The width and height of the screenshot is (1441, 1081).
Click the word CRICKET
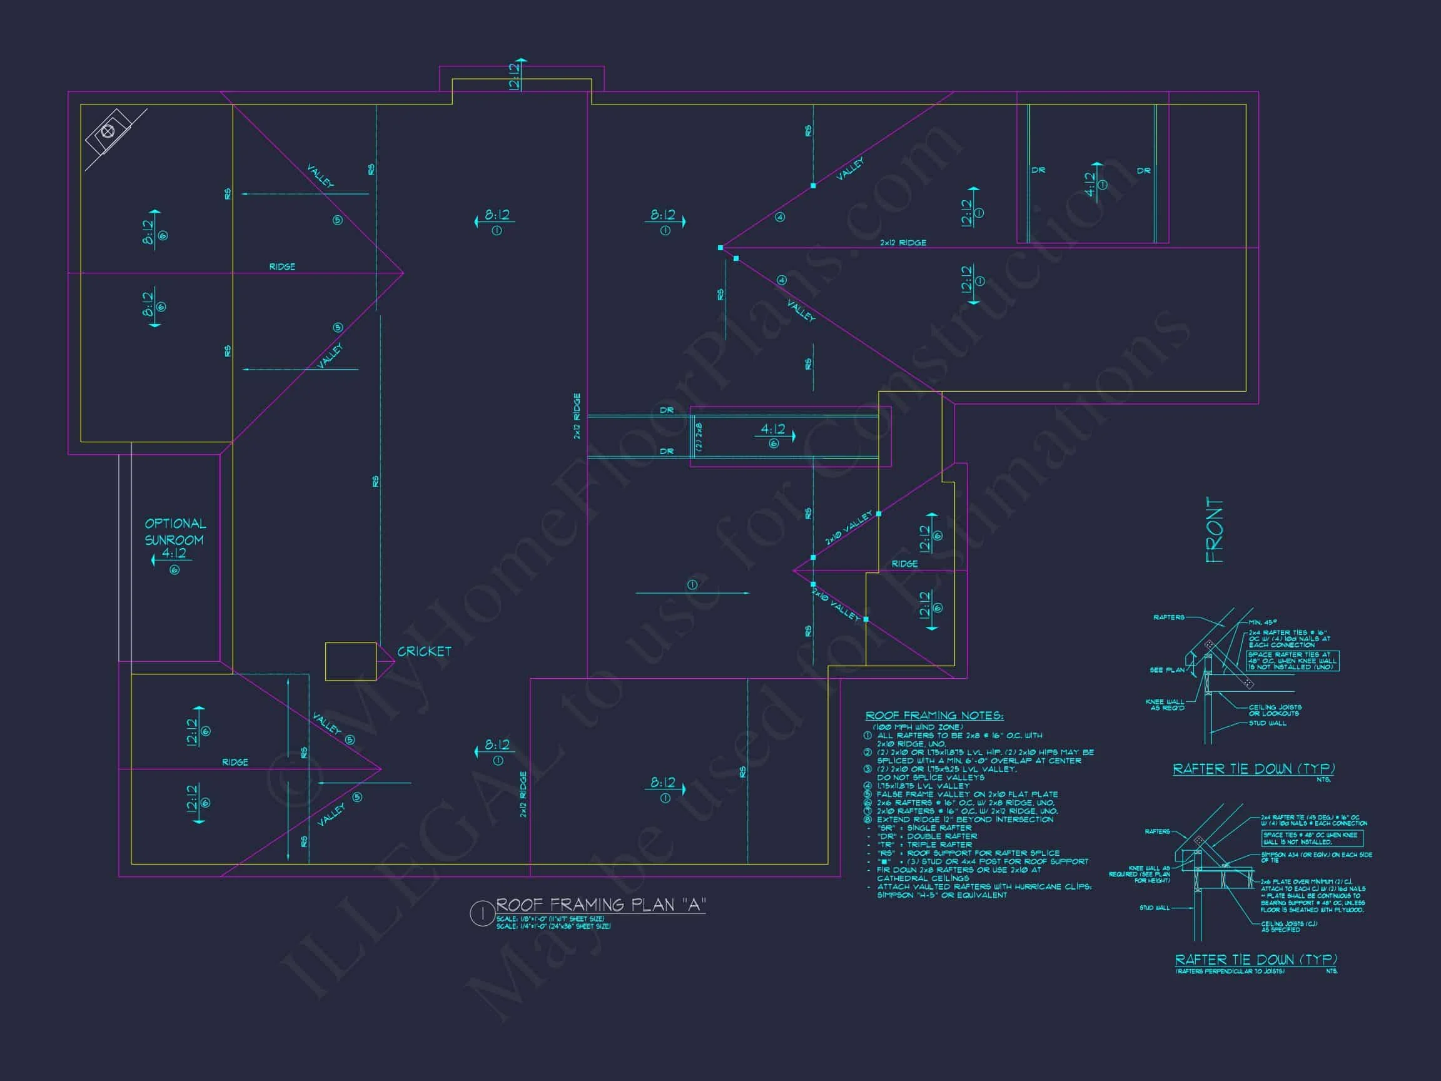pyautogui.click(x=424, y=652)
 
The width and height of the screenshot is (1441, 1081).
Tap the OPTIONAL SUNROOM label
pyautogui.click(x=174, y=532)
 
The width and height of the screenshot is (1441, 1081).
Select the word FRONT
pyautogui.click(x=1215, y=530)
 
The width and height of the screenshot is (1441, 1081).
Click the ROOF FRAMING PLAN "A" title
pyautogui.click(x=600, y=905)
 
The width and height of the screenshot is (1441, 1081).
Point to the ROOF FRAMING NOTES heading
pyautogui.click(x=934, y=716)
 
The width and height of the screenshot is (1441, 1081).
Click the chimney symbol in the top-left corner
pyautogui.click(x=109, y=132)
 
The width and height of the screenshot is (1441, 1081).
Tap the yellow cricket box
pyautogui.click(x=350, y=661)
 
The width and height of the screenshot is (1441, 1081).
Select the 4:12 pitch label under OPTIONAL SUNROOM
pyautogui.click(x=174, y=554)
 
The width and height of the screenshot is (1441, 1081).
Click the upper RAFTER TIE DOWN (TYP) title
pyautogui.click(x=1254, y=769)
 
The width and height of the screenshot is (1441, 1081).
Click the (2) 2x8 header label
pyautogui.click(x=699, y=437)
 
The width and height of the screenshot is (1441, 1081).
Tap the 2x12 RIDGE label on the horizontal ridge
pyautogui.click(x=903, y=242)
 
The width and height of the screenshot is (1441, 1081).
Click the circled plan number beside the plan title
pyautogui.click(x=482, y=913)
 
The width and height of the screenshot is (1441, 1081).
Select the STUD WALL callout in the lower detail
pyautogui.click(x=1155, y=908)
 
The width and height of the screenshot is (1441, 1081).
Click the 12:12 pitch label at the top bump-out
pyautogui.click(x=514, y=76)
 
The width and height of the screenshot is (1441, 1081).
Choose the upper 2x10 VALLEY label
pyautogui.click(x=848, y=528)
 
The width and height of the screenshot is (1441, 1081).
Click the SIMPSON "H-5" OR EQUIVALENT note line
pyautogui.click(x=942, y=895)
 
